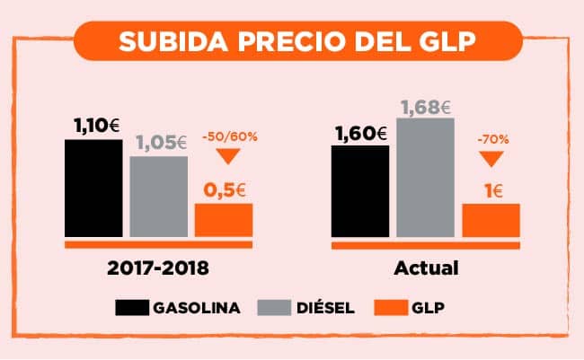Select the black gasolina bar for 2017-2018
click(x=93, y=189)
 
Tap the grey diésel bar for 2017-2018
click(x=158, y=197)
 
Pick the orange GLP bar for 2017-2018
click(x=224, y=220)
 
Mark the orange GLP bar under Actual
click(x=491, y=220)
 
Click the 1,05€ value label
click(x=160, y=143)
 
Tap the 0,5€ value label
click(x=225, y=189)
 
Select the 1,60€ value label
click(x=360, y=134)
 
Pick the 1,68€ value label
click(x=425, y=108)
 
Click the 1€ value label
click(x=491, y=189)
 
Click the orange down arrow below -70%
click(x=490, y=160)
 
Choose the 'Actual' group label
click(x=426, y=268)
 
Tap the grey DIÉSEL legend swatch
click(x=271, y=308)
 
